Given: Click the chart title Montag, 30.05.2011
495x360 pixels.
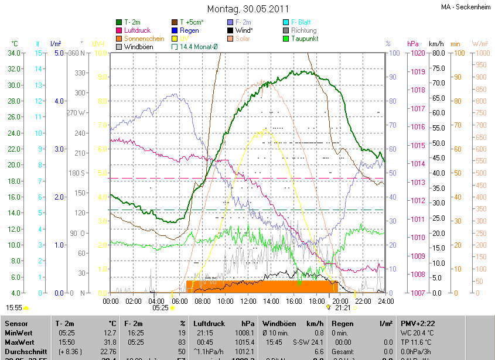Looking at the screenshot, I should pyautogui.click(x=248, y=9).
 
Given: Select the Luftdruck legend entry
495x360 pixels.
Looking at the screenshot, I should pyautogui.click(x=137, y=30).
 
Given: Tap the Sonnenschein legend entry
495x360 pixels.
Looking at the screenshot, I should pyautogui.click(x=144, y=39).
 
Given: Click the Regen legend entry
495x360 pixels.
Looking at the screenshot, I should pyautogui.click(x=189, y=30).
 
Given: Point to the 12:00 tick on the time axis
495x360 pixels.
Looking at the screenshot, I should pyautogui.click(x=248, y=301).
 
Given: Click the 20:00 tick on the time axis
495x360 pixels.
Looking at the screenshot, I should pyautogui.click(x=340, y=301).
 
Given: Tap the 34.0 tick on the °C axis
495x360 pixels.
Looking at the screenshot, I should pyautogui.click(x=12, y=53).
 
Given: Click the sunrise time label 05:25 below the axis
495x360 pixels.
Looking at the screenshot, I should pyautogui.click(x=160, y=307).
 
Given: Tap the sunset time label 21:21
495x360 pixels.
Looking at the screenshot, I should pyautogui.click(x=343, y=307).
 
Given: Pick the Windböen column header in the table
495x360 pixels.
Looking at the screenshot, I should pyautogui.click(x=280, y=323).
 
